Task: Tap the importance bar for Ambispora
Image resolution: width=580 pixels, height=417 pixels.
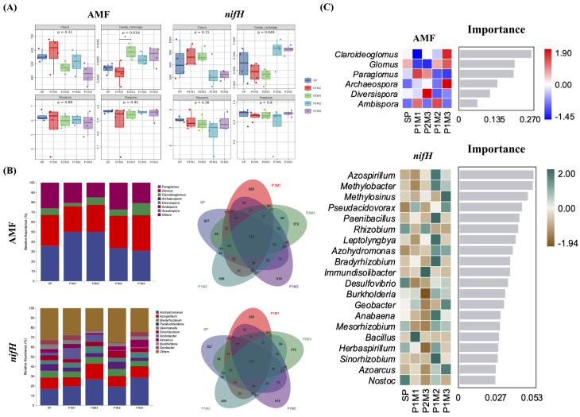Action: (x=468, y=103)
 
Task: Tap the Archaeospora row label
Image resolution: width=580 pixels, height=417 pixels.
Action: (x=358, y=83)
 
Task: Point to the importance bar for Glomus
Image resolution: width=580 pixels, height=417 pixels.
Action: (x=486, y=64)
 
